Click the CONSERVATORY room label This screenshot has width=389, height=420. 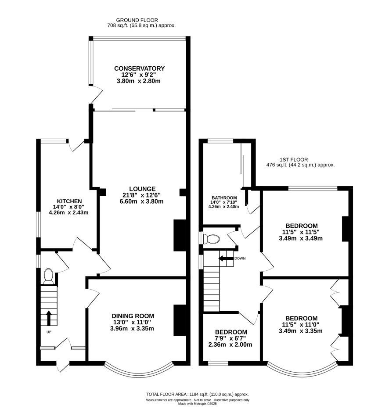[139, 68]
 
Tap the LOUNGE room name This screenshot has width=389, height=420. [142, 189]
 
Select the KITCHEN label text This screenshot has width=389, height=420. [69, 201]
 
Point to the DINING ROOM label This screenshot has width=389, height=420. [133, 316]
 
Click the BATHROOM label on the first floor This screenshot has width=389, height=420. [224, 197]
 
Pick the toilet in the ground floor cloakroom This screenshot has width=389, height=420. [48, 276]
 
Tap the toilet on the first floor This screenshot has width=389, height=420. [212, 239]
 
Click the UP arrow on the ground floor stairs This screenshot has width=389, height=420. [49, 318]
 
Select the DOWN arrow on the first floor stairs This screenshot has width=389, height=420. [226, 258]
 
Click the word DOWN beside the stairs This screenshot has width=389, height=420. [240, 258]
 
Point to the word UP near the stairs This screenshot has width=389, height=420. [49, 332]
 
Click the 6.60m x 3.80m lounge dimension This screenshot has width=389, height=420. [141, 201]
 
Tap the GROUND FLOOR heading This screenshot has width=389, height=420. [137, 20]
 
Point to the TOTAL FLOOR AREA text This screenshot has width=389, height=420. [166, 394]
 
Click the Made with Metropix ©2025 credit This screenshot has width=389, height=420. [198, 404]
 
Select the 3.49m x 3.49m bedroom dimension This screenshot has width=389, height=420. [301, 238]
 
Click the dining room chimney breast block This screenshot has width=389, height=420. [180, 320]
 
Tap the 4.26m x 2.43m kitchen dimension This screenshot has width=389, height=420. [68, 213]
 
